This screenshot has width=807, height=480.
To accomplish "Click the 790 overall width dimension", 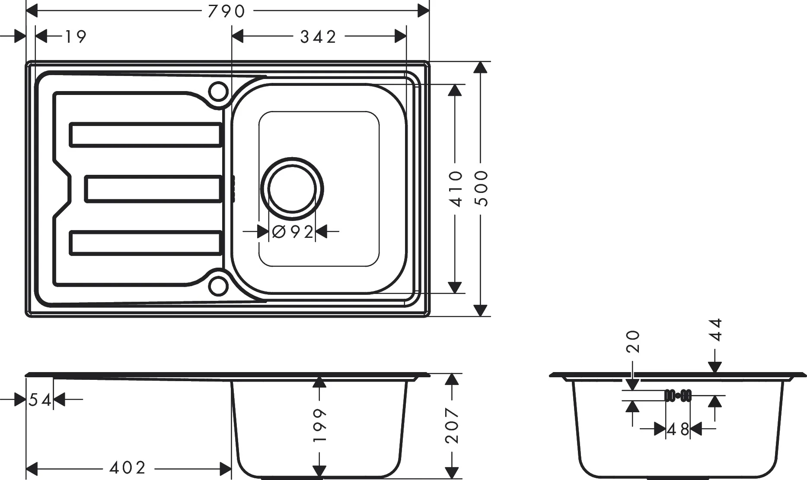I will tap(226, 11).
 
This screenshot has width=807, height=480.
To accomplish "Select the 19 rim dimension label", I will tap(76, 37).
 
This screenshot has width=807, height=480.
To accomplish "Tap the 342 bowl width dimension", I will tap(318, 37).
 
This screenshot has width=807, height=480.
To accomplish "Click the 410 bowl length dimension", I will tap(456, 189).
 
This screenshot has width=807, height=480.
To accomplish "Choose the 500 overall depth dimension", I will tap(481, 189).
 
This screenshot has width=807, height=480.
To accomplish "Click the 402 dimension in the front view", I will tap(128, 467).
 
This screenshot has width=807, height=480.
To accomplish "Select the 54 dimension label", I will tap(40, 400).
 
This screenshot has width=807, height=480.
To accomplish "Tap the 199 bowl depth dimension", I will tap(319, 425).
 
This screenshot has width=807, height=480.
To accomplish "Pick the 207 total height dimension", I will tap(452, 425).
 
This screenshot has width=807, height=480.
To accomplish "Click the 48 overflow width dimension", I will tap(678, 429).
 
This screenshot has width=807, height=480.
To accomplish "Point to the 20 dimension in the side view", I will tap(633, 341).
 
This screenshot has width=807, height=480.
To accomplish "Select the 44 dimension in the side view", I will tap(716, 330).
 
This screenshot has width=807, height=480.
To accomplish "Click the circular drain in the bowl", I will tap(293, 189).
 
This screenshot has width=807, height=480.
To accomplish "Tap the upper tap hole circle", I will tap(218, 91).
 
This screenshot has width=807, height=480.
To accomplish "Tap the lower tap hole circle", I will tap(218, 286).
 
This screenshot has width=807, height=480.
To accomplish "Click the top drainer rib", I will tap(146, 135).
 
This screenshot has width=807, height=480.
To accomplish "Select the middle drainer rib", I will tap(153, 189).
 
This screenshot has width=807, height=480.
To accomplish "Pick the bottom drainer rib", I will tap(146, 243).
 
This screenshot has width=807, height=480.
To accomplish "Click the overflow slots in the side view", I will tap(678, 395).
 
